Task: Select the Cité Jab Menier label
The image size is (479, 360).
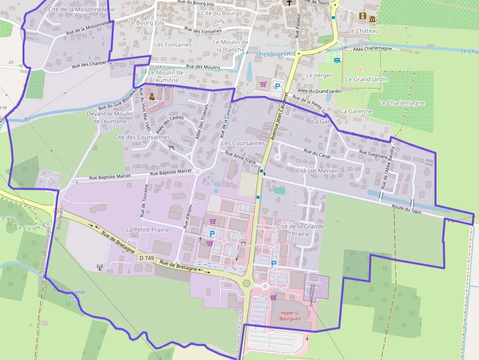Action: [316, 171]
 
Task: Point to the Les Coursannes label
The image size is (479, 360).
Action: [243, 143]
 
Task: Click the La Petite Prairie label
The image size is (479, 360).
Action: [148, 230]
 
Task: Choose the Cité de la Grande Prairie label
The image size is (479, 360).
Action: [301, 230]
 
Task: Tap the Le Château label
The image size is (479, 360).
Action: [363, 30]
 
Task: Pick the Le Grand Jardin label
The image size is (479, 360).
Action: [367, 79]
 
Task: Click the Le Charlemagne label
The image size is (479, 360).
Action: [402, 103]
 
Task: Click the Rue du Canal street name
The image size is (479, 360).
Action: [317, 154]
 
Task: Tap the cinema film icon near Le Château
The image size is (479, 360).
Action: [362, 16]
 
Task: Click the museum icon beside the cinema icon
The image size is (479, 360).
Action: [372, 19]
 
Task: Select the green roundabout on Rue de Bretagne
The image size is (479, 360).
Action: [246, 283]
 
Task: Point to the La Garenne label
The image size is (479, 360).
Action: [356, 111]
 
